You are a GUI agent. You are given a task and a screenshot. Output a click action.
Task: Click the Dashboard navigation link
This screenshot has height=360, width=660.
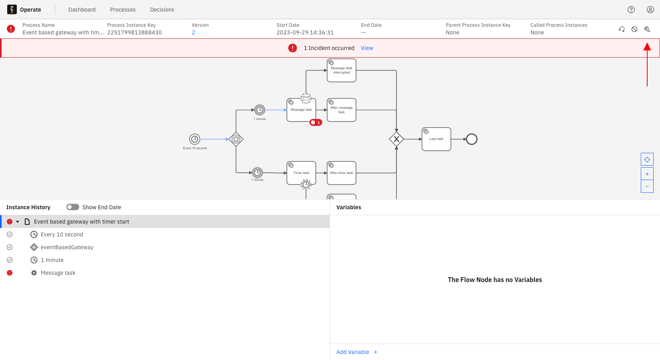82,10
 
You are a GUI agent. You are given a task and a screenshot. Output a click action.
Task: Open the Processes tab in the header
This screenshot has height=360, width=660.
123,10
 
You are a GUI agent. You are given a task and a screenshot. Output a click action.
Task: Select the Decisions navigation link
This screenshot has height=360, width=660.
162,10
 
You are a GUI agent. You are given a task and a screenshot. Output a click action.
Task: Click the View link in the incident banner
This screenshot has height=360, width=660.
367,48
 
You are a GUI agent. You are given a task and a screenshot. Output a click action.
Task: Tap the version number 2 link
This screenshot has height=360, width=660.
194,32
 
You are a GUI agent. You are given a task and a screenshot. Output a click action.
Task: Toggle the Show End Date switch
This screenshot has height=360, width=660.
73,207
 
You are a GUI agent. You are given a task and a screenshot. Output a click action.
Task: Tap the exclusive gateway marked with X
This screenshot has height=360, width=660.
396,139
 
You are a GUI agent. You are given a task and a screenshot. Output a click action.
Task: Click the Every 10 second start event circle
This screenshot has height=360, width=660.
194,139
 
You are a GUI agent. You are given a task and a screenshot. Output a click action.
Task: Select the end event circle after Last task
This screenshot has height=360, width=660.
472,139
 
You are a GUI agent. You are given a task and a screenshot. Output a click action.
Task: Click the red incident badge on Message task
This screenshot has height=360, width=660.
316,122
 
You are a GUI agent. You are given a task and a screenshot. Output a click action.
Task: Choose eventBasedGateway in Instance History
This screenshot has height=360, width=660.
67,247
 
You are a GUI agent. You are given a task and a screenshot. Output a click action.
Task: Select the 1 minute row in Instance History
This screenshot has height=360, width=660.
52,260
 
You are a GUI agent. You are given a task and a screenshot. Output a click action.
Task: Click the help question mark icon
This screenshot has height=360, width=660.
631,10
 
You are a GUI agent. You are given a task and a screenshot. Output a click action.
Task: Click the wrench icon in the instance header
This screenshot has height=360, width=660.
647,29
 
